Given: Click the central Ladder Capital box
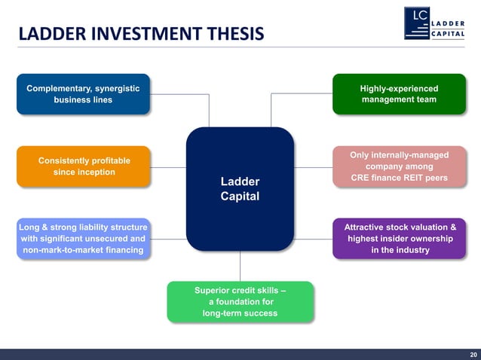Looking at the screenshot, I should (x=240, y=188).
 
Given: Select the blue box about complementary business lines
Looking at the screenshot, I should (x=83, y=94).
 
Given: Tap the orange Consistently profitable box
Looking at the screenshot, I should (x=84, y=166).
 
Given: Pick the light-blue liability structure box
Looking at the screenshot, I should (x=83, y=238).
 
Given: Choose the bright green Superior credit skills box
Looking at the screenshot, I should (x=240, y=301).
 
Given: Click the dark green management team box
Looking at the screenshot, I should (x=399, y=94).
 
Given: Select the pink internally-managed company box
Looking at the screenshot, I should (x=399, y=166).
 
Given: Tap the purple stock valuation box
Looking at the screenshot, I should (x=399, y=238).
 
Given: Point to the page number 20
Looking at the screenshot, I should (x=473, y=354).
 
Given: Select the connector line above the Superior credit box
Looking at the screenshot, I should (x=240, y=266).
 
